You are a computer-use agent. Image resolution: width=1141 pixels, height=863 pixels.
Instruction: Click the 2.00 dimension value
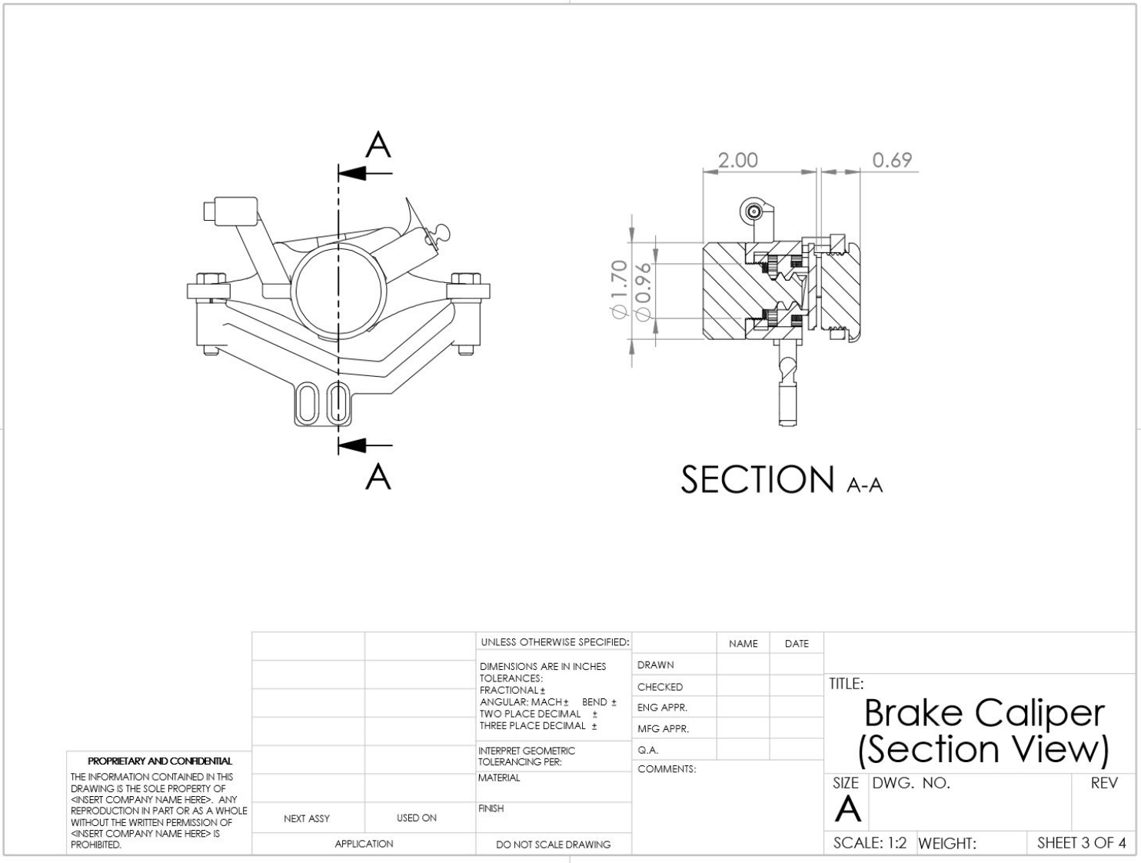point(737,160)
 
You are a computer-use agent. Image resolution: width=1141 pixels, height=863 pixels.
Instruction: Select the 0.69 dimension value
point(892,160)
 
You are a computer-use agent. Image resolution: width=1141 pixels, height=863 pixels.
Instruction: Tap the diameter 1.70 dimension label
point(620,289)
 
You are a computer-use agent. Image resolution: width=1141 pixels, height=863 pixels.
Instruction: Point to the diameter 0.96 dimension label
point(644,292)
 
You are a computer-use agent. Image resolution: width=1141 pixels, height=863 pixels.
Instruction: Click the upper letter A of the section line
point(378,145)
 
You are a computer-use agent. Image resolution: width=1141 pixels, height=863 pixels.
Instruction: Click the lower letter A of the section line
point(378,476)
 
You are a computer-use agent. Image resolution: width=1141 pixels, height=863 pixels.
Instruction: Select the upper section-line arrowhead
point(353,173)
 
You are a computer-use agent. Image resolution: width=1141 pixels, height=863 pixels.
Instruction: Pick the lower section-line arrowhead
point(353,445)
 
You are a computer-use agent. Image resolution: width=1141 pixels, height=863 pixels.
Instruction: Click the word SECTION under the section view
point(757,479)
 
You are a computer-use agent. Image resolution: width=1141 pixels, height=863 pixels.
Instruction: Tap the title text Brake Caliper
point(984,713)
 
